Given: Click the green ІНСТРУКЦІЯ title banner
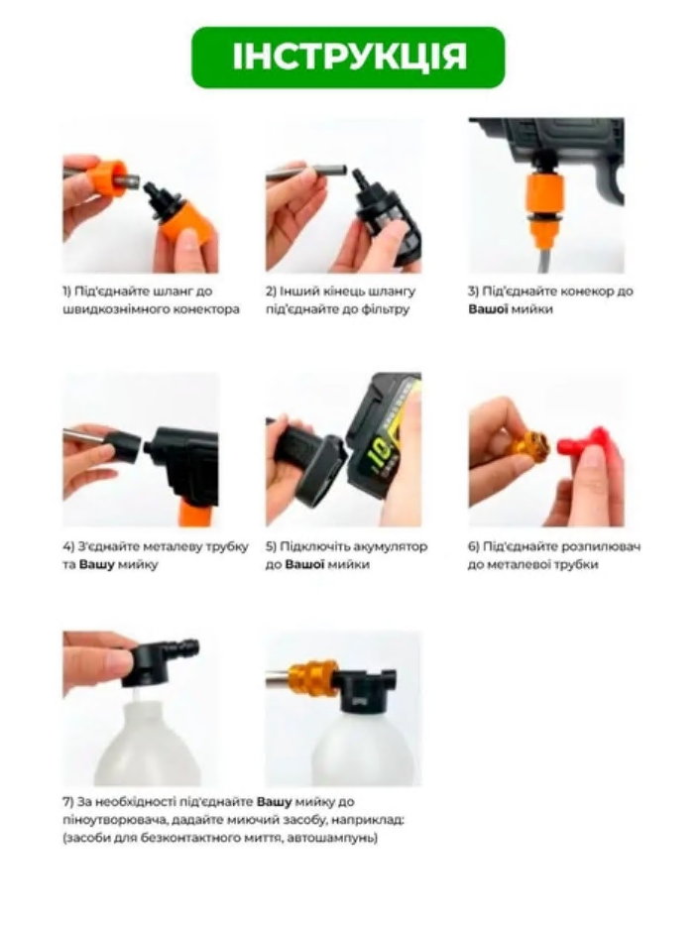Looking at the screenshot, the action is (x=348, y=57).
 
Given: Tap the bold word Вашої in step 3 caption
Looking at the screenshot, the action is (x=488, y=309).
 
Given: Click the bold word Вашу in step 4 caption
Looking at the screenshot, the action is (x=96, y=564).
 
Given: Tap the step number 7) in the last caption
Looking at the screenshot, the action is (x=67, y=802).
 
